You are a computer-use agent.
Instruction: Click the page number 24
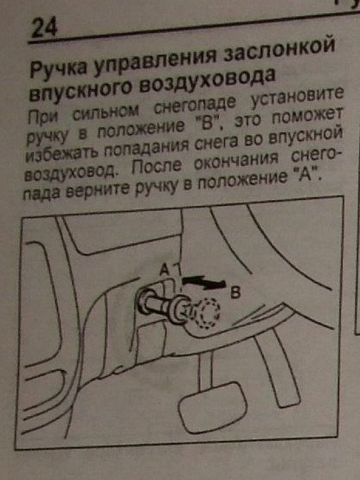tap(44, 28)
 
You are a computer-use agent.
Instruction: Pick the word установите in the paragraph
tap(297, 98)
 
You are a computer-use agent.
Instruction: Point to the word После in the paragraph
tap(157, 166)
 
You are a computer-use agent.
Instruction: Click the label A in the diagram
tap(164, 271)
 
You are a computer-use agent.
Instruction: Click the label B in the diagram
tap(235, 293)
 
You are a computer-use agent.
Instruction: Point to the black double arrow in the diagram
tap(203, 282)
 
